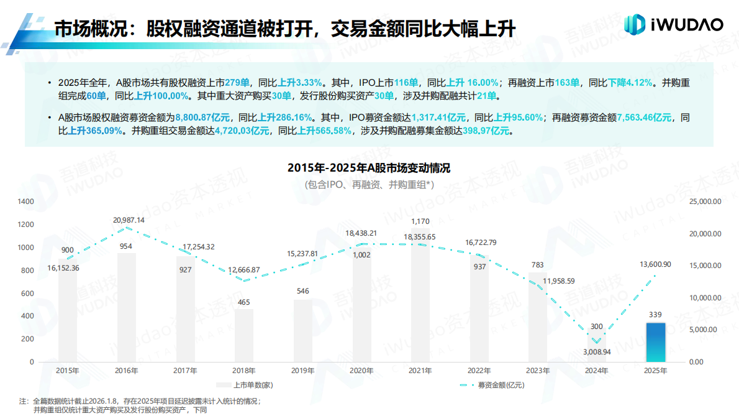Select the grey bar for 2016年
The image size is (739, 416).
(x=126, y=307)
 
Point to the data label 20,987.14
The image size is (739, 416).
(x=129, y=220)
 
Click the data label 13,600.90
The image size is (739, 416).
(x=655, y=265)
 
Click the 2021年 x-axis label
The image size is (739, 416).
(x=420, y=371)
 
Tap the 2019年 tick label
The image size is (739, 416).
(x=302, y=371)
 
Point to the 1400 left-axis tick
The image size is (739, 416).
(x=25, y=201)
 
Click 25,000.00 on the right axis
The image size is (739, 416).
(x=705, y=201)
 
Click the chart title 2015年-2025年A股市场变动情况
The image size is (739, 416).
(x=369, y=169)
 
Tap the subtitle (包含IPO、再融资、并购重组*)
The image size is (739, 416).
(x=369, y=185)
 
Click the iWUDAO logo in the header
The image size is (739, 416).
(x=674, y=24)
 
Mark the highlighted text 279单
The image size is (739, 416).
(x=237, y=82)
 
